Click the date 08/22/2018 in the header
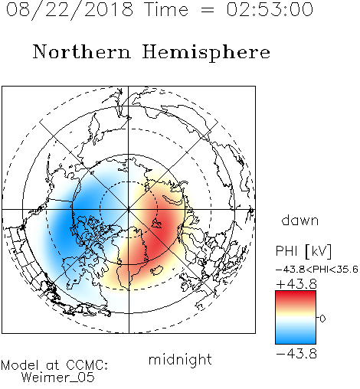click(x=70, y=10)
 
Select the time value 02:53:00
click(x=270, y=9)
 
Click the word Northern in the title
click(x=82, y=51)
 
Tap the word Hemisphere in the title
click(x=206, y=53)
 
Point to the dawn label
click(x=300, y=220)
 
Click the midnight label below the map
click(x=180, y=360)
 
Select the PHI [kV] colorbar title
click(x=303, y=251)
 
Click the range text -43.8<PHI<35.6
click(x=317, y=270)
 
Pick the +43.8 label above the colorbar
click(x=296, y=284)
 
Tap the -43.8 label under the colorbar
click(x=296, y=354)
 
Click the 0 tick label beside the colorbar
click(x=322, y=319)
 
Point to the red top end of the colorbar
click(x=296, y=293)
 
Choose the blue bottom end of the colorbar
click(x=296, y=341)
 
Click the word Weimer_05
click(x=58, y=377)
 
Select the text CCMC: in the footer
click(x=87, y=365)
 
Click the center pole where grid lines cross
click(x=129, y=209)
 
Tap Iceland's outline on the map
click(x=157, y=270)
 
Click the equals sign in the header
click(x=208, y=10)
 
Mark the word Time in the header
click(x=166, y=9)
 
